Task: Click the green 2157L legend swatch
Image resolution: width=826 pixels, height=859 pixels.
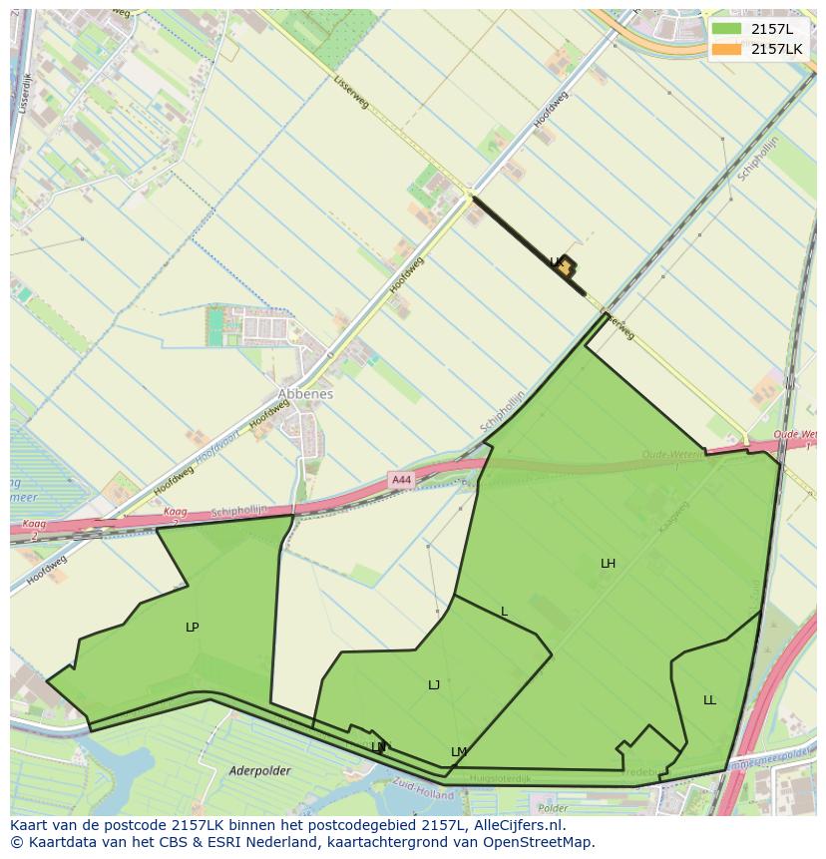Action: click(726, 29)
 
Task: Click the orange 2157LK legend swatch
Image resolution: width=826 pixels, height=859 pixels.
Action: click(726, 49)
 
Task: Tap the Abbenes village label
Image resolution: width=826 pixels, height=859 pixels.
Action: click(305, 394)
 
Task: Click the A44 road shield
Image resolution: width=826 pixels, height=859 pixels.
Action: click(401, 480)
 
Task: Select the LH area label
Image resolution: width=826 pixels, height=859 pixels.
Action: click(608, 564)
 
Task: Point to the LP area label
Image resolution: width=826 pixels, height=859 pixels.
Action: click(193, 628)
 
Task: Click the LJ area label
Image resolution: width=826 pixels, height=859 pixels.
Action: click(434, 685)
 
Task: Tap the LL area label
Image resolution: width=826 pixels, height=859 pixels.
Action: click(709, 700)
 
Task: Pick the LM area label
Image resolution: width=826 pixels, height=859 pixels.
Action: click(459, 752)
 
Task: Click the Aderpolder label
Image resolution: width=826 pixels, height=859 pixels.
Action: click(258, 770)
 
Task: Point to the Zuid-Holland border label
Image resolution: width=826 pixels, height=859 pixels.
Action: click(423, 788)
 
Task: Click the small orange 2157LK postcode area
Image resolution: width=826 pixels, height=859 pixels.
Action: click(565, 266)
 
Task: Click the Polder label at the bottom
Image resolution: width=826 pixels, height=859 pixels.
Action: click(552, 808)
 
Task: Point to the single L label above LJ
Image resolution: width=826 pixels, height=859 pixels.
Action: click(504, 612)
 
